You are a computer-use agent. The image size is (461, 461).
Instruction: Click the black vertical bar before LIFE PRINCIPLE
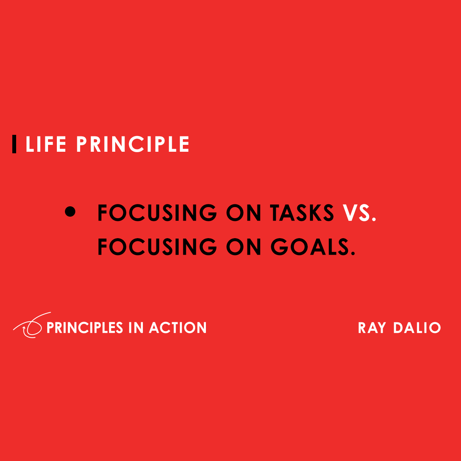(x=14, y=144)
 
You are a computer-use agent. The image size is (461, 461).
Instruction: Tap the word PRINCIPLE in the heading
(x=133, y=144)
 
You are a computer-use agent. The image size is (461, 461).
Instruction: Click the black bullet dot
(x=70, y=212)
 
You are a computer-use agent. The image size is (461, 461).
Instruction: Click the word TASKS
(x=302, y=213)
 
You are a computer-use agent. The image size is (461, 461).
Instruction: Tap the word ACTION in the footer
(x=178, y=328)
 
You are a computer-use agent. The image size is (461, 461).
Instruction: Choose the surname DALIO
(x=417, y=328)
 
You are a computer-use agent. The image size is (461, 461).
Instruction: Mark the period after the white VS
(x=374, y=220)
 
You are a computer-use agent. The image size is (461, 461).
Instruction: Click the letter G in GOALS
(x=279, y=247)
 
